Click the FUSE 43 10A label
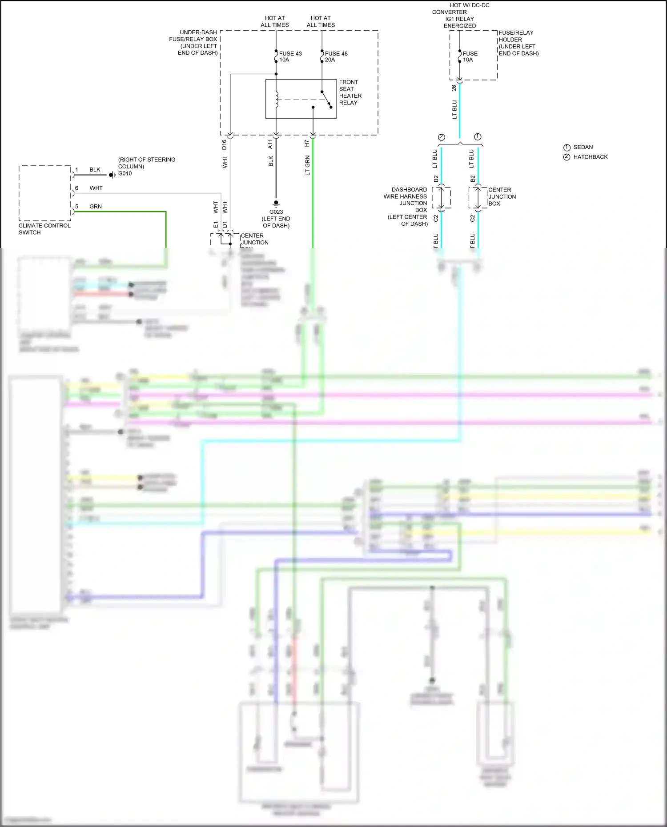pyautogui.click(x=290, y=56)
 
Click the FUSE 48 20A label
pyautogui.click(x=336, y=56)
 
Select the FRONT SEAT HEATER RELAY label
pyautogui.click(x=350, y=92)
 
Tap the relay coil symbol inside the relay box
pyautogui.click(x=277, y=100)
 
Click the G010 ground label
pyautogui.click(x=125, y=174)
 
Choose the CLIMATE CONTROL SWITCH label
pyautogui.click(x=44, y=229)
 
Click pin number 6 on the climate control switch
pyautogui.click(x=76, y=188)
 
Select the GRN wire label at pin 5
pyautogui.click(x=96, y=207)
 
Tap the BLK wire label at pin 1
pyautogui.click(x=95, y=170)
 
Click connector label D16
pyautogui.click(x=224, y=144)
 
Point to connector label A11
pyautogui.click(x=270, y=144)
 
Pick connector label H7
pyautogui.click(x=307, y=144)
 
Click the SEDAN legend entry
pyautogui.click(x=583, y=147)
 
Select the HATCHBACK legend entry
pyautogui.click(x=590, y=157)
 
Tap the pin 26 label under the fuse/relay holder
pyautogui.click(x=454, y=88)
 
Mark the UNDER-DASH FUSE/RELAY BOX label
pyautogui.click(x=194, y=43)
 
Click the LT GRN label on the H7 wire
pyautogui.click(x=307, y=165)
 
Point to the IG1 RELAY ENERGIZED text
pyautogui.click(x=460, y=22)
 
